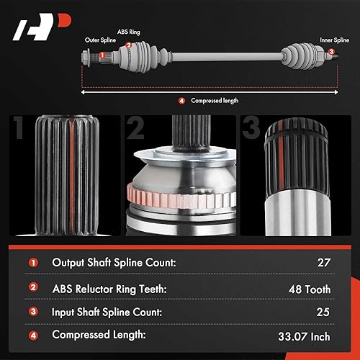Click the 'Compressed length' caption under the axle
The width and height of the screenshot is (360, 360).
tap(214, 100)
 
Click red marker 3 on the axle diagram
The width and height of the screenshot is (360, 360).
tap(331, 53)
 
